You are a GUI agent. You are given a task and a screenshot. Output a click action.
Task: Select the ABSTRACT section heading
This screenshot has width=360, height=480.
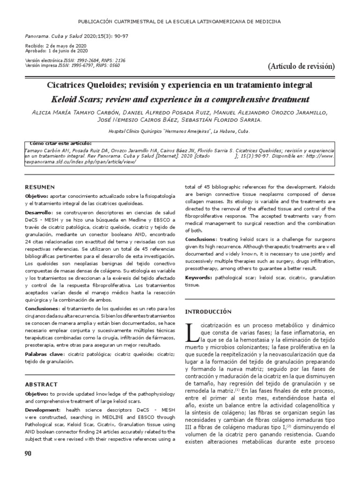tap(41, 384)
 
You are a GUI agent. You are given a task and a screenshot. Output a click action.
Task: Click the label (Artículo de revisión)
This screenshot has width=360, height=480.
tap(301, 66)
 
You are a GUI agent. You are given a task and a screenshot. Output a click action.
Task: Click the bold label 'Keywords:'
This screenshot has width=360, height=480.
tap(198, 277)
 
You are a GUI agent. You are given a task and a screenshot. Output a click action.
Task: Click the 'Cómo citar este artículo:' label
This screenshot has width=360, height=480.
tap(60, 143)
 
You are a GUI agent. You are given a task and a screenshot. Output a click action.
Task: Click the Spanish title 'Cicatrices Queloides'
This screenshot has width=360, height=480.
tap(89, 85)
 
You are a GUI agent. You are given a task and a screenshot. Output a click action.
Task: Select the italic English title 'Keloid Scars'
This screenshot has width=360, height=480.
tap(75, 99)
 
